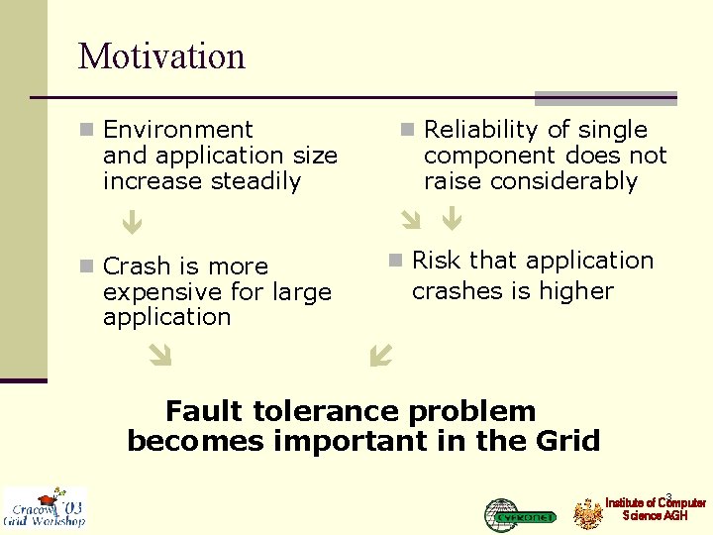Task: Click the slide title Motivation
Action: click(x=161, y=55)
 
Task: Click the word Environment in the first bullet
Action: click(x=178, y=130)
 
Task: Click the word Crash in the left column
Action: click(x=136, y=267)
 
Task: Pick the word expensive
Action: click(x=153, y=292)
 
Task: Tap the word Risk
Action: click(x=437, y=261)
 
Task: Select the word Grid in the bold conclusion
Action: click(x=565, y=441)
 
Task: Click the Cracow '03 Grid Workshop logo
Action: click(x=45, y=507)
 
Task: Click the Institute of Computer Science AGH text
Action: click(x=655, y=509)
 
